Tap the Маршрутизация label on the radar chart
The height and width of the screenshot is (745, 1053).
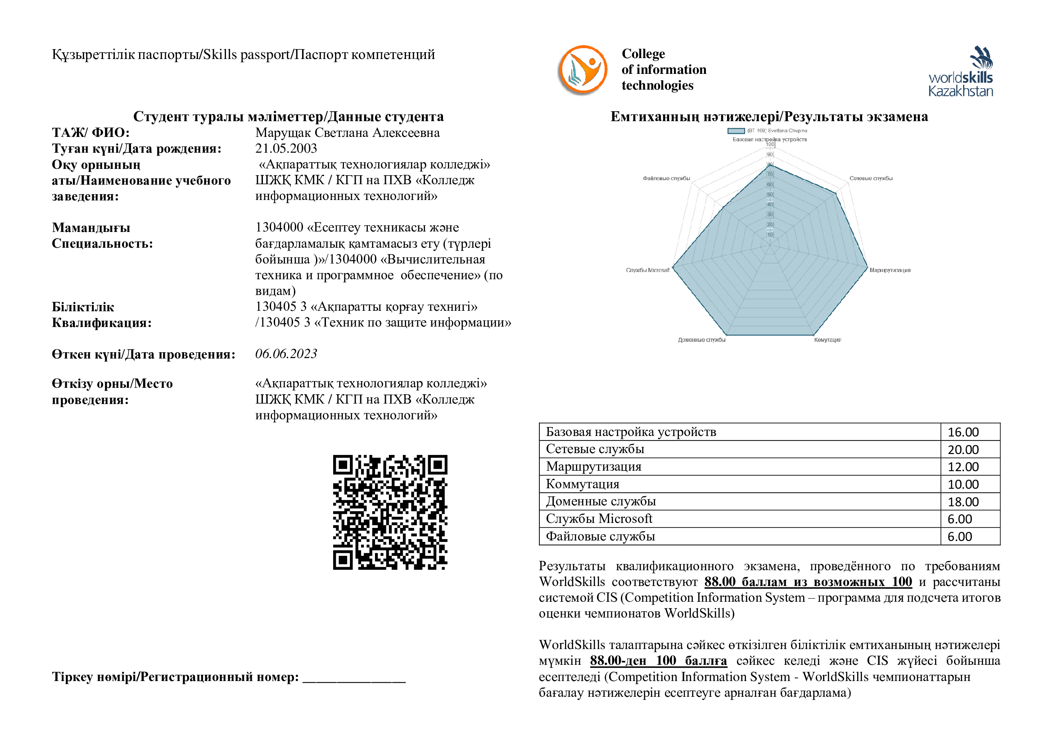click(890, 270)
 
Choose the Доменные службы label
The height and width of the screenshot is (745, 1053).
click(702, 340)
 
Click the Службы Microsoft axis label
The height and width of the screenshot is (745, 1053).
click(648, 270)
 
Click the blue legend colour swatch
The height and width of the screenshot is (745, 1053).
click(736, 131)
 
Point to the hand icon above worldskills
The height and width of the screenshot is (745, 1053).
click(981, 57)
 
